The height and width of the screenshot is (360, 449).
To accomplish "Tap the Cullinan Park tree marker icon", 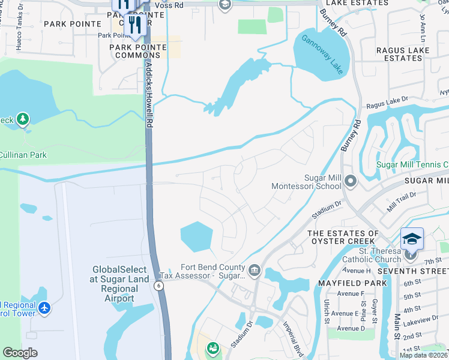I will (x=23, y=120).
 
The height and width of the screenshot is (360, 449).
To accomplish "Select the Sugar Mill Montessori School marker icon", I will (x=351, y=180).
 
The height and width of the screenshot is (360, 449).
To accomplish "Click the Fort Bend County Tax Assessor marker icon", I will (x=255, y=270).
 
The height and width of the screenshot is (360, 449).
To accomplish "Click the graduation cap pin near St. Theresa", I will (x=412, y=239).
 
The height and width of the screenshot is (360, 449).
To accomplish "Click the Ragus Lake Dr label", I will (x=387, y=102).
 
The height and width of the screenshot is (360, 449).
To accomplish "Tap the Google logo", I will (x=20, y=353).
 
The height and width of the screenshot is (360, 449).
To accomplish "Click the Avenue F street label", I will (x=351, y=294).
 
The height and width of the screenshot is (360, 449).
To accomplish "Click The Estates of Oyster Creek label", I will (x=343, y=238).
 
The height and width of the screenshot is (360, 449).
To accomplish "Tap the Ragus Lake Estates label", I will (x=399, y=55).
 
